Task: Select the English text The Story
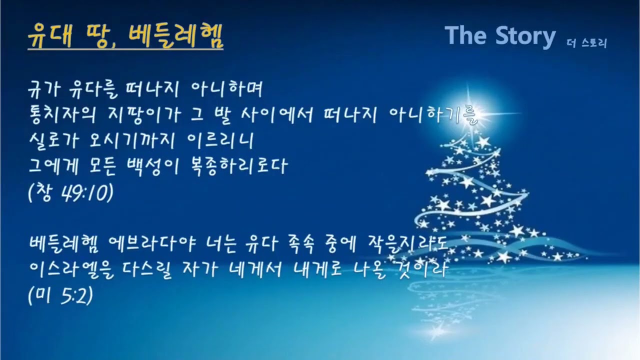point(499,35)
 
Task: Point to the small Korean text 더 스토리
point(587,43)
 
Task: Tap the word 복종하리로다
point(247,166)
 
